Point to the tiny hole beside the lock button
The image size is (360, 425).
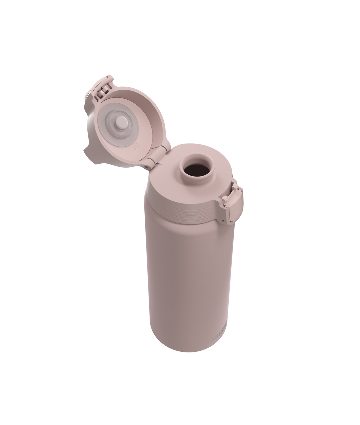click(223, 221)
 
